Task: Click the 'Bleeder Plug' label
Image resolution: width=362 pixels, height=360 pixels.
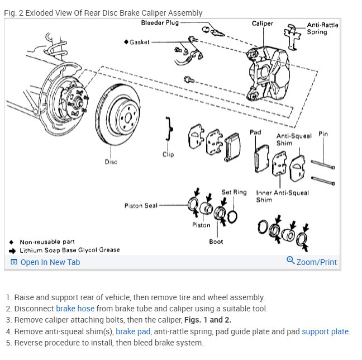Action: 159,23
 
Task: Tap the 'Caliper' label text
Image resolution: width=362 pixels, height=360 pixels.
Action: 262,23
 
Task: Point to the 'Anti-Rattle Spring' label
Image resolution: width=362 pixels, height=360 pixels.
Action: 322,29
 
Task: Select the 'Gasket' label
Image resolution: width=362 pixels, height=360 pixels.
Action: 139,42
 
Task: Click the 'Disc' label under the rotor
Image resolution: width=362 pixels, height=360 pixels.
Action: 111,162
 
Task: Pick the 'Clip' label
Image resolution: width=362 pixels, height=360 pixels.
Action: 168,154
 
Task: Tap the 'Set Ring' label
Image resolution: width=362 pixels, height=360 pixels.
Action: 234,192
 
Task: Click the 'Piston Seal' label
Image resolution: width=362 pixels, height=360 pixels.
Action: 141,206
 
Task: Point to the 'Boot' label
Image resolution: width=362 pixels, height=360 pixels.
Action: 216,241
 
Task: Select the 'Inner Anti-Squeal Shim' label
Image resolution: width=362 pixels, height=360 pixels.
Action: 282,196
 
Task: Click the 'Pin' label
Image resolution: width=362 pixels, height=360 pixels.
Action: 323,134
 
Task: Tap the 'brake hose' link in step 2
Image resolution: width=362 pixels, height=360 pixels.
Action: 75,309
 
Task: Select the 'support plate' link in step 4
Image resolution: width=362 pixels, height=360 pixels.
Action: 325,331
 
